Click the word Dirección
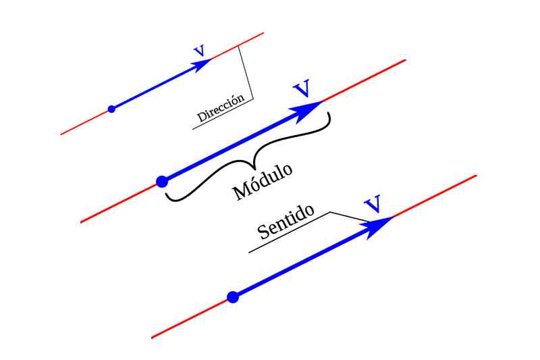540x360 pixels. (220, 109)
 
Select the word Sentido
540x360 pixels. (287, 222)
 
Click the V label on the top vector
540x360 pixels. (198, 51)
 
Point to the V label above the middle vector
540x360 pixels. (302, 88)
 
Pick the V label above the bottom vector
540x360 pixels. (372, 203)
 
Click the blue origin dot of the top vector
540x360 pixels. (111, 109)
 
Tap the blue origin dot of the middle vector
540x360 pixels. (162, 181)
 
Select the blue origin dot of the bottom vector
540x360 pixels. (233, 297)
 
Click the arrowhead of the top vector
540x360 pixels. (202, 65)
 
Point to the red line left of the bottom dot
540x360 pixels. (192, 317)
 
